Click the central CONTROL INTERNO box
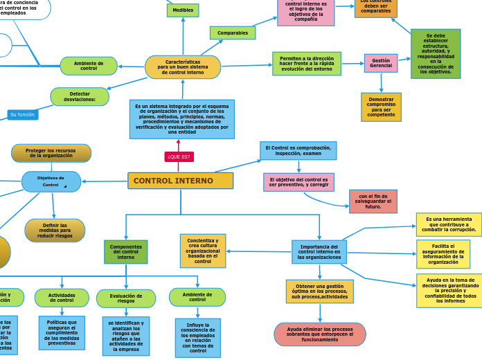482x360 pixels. [x=180, y=181]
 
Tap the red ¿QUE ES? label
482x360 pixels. [x=179, y=156]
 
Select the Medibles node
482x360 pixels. [x=183, y=10]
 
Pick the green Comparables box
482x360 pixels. [x=233, y=33]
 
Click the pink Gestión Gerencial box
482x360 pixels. [x=381, y=63]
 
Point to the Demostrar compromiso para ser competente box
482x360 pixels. [x=381, y=107]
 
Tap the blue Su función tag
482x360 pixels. [x=23, y=114]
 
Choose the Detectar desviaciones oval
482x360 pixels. [x=80, y=96]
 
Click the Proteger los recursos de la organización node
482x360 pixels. [x=51, y=153]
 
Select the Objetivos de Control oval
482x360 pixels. [x=51, y=181]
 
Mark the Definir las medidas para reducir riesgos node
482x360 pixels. [x=55, y=231]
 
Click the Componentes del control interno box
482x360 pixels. [x=126, y=252]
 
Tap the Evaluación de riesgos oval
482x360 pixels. [x=126, y=298]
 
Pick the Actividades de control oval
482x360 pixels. [x=62, y=298]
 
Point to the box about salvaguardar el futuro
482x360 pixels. [x=373, y=201]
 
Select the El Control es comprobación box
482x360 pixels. [x=298, y=150]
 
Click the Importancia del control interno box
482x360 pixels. [x=319, y=252]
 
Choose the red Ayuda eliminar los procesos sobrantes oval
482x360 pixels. [x=320, y=334]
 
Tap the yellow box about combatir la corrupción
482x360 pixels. [x=449, y=224]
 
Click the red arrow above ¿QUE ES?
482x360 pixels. [x=179, y=143]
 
